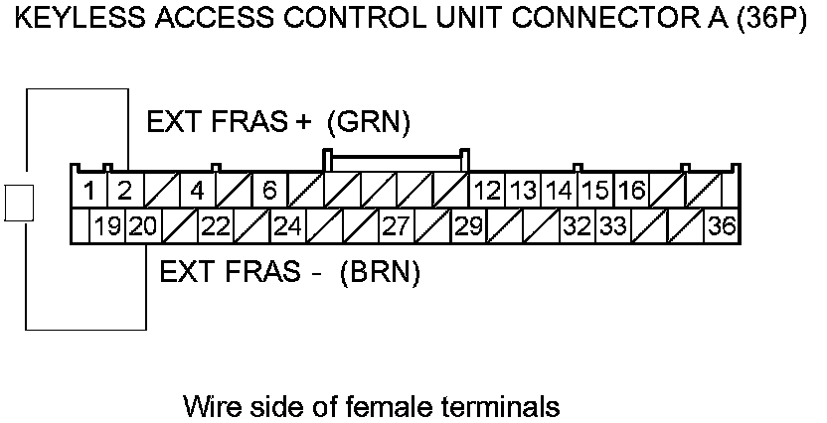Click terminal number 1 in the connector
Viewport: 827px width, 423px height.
[89, 190]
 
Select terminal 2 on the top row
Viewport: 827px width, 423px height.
[124, 190]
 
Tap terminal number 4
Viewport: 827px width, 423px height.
[197, 190]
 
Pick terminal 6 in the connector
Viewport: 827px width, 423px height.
[269, 190]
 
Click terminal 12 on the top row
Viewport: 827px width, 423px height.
[487, 190]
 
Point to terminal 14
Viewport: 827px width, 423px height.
[560, 190]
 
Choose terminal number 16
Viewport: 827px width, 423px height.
[631, 190]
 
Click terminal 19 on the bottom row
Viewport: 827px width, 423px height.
[107, 226]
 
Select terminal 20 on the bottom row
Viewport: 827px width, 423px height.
[143, 226]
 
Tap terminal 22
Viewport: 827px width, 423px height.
[216, 226]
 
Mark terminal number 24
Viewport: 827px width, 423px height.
[287, 226]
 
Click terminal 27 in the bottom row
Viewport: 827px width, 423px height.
[397, 226]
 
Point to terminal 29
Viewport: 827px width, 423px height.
[468, 226]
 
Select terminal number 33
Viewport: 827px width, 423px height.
[613, 226]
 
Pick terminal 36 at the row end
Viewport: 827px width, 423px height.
[722, 226]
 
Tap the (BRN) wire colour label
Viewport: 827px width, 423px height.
[379, 272]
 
